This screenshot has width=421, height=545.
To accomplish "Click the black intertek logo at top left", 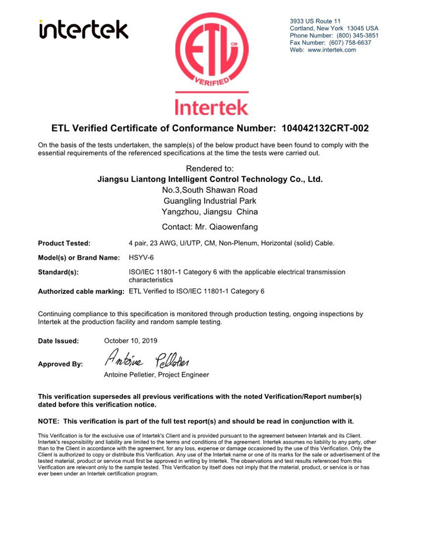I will [84, 30].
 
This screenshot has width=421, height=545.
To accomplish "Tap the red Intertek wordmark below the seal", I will [210, 106].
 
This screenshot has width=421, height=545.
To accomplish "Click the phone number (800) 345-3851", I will [358, 35].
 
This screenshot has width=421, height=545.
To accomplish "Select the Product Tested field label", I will [64, 243].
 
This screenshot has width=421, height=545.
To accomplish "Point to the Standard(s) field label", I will [58, 272].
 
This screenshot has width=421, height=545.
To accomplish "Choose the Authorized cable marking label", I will [81, 292].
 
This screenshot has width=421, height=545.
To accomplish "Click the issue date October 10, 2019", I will [131, 340].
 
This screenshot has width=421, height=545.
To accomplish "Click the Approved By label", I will [60, 364].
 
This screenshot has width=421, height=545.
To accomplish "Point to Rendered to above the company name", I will [210, 168].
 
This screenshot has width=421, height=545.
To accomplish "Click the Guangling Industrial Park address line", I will [210, 201].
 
